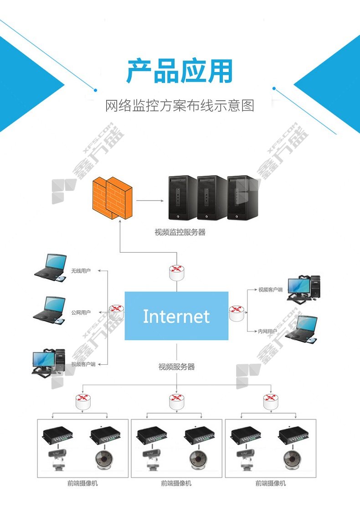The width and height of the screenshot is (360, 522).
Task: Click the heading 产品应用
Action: point(180,71)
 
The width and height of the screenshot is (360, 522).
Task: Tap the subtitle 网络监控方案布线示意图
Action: point(180,106)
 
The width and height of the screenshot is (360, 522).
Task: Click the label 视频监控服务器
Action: point(180,232)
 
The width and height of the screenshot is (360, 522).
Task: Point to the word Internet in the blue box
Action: point(176,316)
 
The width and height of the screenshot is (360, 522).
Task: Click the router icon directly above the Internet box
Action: point(177,272)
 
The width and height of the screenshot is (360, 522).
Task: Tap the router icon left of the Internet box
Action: point(117,312)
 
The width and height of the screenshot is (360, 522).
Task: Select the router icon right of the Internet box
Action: point(237,313)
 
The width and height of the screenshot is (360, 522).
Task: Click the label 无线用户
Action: point(81,271)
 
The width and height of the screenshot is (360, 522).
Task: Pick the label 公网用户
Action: point(81,312)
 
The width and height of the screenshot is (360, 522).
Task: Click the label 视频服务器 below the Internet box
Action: point(176,367)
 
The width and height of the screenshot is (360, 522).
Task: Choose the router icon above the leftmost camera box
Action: point(82,401)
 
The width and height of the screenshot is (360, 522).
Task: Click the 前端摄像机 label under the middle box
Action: point(176,483)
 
